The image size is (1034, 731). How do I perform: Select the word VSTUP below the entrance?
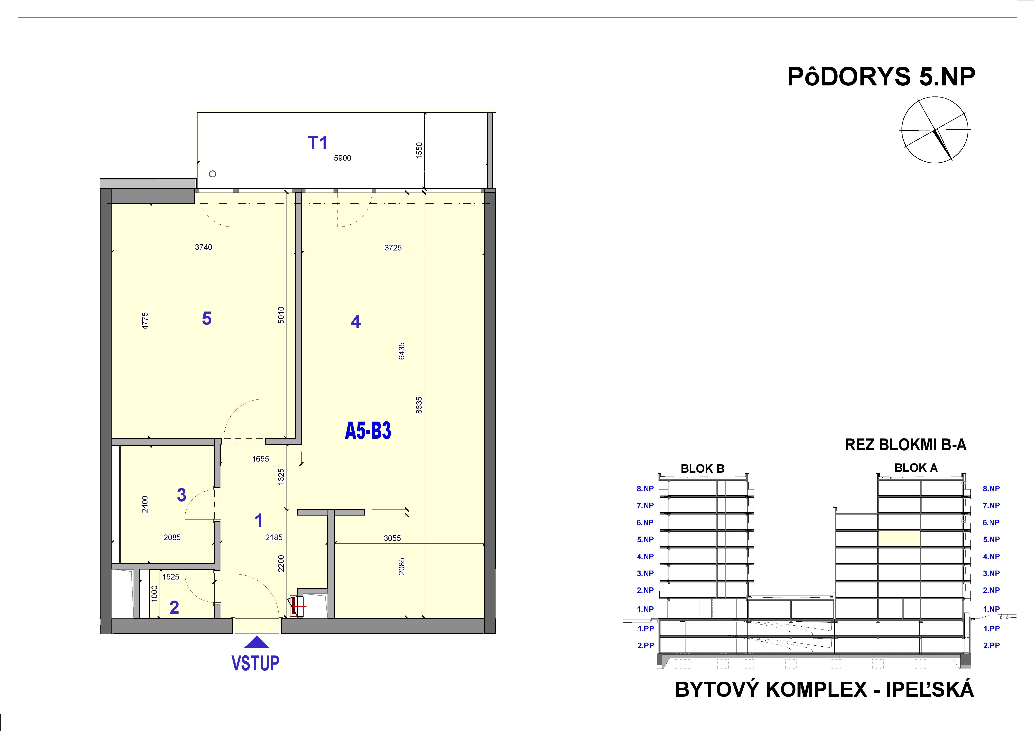pos(255,663)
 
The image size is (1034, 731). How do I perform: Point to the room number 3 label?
pos(181,495)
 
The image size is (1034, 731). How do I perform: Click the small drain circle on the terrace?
pos(213,174)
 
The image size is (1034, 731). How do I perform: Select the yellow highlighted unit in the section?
pos(899,539)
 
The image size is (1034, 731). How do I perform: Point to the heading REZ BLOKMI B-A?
pos(906,445)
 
